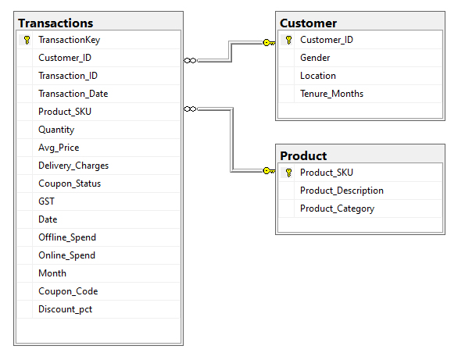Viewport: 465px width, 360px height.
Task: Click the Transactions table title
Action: [55, 23]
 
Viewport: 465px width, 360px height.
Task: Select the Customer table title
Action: [308, 23]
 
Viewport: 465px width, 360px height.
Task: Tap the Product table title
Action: [303, 156]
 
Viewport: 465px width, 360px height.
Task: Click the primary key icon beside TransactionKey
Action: [27, 40]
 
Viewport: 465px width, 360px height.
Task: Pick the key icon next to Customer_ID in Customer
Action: [288, 40]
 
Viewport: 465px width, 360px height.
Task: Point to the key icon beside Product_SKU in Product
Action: [288, 173]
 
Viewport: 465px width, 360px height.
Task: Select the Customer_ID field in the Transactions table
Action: [65, 58]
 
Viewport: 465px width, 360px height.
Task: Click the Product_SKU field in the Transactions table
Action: [65, 112]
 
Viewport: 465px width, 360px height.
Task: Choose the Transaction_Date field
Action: [73, 94]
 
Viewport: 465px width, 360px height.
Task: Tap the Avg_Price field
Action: [59, 148]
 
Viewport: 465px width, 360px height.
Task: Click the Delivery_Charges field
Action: [73, 166]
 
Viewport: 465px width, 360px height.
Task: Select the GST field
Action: [46, 201]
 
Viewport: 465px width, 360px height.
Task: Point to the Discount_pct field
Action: [65, 309]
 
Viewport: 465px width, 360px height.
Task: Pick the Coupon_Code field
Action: [68, 291]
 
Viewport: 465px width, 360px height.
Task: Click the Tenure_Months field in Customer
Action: [331, 94]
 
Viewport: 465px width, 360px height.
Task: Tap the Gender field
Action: [315, 58]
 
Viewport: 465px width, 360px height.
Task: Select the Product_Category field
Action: [337, 209]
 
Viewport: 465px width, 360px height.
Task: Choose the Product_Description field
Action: [342, 191]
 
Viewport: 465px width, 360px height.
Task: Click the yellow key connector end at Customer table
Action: [269, 43]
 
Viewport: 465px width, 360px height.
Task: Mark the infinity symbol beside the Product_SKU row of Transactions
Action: [190, 109]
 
